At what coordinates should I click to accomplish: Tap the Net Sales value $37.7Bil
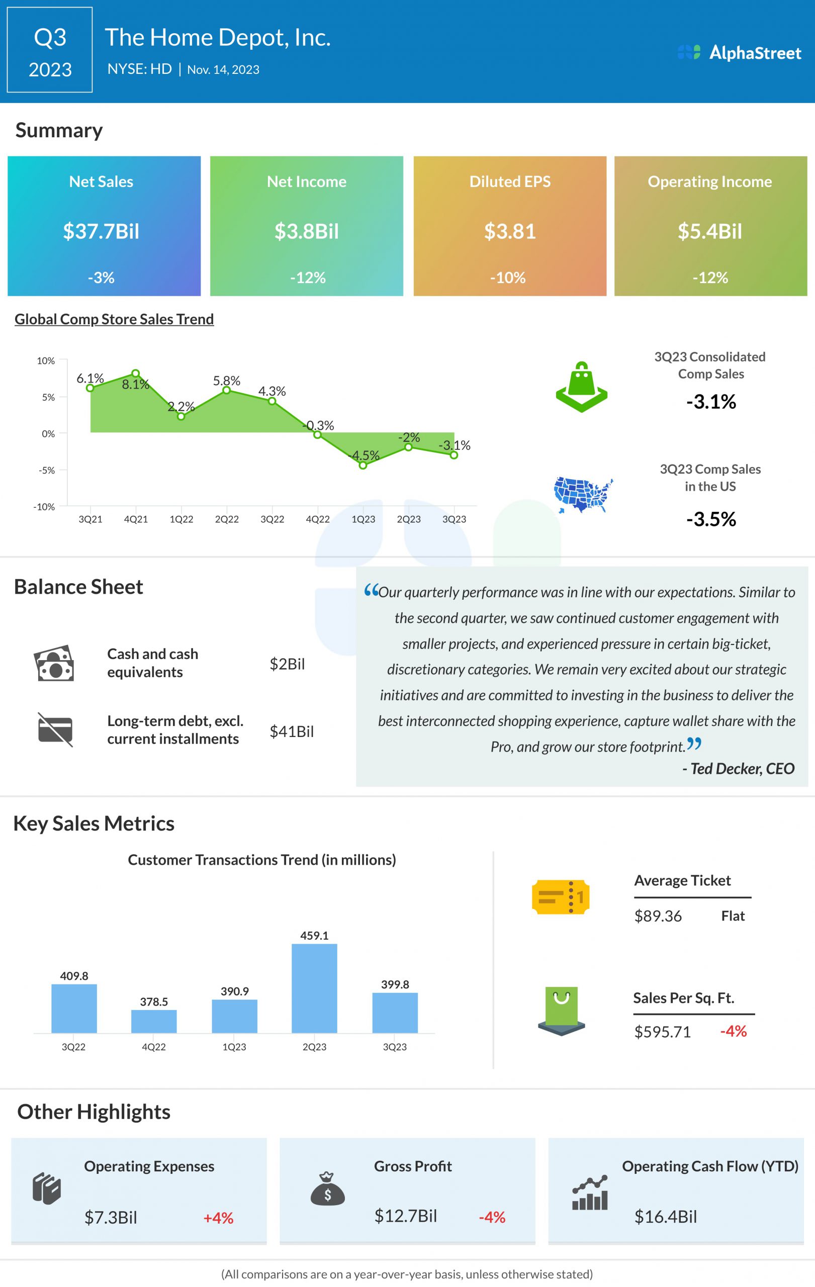101,231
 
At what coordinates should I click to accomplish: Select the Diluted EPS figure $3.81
510,231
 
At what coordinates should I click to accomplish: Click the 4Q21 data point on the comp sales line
136,374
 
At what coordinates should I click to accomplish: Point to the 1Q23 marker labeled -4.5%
363,465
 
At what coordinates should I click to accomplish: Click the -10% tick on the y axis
44,506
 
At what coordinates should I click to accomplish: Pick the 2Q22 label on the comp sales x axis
227,519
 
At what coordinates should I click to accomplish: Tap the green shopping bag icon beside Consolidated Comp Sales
581,387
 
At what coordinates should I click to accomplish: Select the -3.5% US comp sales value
711,519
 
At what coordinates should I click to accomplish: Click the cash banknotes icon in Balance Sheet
53,663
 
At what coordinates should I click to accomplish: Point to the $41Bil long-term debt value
291,731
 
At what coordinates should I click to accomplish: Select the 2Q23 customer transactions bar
314,988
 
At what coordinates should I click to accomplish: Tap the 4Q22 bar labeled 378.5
154,1021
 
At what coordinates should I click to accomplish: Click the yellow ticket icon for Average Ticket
560,896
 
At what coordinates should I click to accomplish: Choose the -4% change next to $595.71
733,1031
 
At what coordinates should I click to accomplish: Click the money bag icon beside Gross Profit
328,1188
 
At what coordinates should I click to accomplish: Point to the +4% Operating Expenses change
218,1218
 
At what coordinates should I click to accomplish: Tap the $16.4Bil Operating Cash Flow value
665,1217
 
